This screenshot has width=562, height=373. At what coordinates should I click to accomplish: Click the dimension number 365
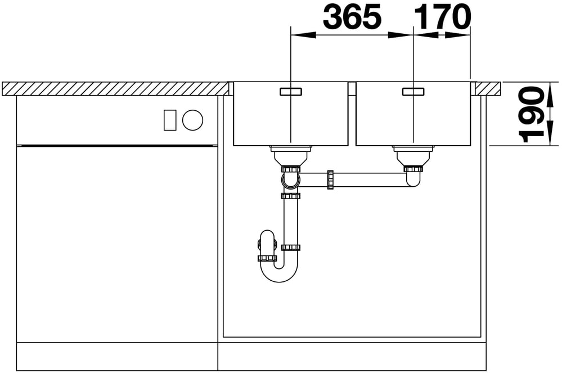(352, 16)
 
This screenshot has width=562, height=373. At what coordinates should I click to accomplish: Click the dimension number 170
(442, 16)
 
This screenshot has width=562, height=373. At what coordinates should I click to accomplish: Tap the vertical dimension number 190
(531, 114)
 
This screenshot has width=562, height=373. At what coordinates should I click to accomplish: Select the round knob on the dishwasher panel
(192, 120)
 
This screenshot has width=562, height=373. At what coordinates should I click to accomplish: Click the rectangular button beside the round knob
(170, 120)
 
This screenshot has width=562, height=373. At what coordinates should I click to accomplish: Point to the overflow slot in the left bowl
(291, 91)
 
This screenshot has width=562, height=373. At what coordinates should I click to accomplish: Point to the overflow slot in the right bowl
(413, 91)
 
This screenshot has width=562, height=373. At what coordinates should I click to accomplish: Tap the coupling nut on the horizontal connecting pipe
(330, 179)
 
